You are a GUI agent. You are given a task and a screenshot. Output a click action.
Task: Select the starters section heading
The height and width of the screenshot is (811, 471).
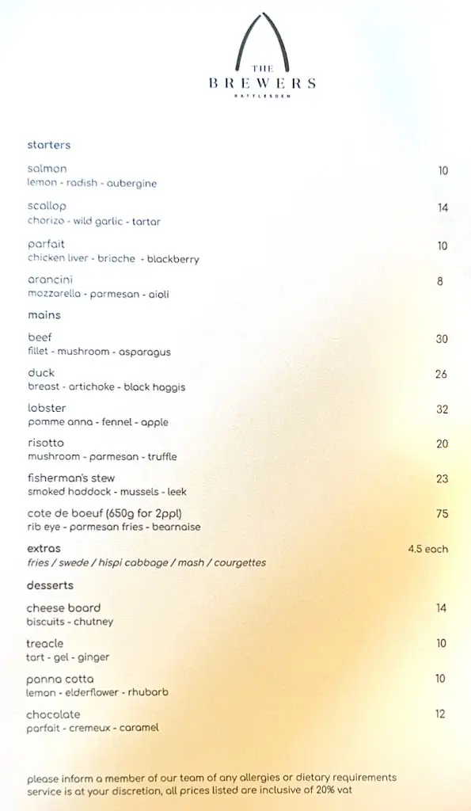tap(49, 145)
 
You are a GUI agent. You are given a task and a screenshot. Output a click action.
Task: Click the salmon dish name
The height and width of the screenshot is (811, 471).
tap(47, 169)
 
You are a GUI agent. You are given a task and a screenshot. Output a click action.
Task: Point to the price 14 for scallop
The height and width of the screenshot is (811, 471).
tap(443, 208)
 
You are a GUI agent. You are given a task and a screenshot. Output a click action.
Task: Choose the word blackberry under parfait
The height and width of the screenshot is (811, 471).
tap(173, 259)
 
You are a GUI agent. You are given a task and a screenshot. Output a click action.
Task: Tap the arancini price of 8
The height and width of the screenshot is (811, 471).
tap(440, 281)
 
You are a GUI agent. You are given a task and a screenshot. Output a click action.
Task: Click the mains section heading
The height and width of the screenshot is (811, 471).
tap(44, 315)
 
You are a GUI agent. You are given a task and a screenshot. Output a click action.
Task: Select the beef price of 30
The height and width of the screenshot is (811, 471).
tap(442, 339)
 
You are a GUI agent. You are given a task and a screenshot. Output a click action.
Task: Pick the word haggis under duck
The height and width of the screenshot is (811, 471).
tap(169, 387)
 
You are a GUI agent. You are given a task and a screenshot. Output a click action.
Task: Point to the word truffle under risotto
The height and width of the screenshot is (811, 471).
tap(161, 457)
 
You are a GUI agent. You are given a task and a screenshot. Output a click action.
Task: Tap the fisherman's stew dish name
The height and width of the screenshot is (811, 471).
tap(71, 478)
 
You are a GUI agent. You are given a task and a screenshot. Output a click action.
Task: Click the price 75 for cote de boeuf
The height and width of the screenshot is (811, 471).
tap(442, 514)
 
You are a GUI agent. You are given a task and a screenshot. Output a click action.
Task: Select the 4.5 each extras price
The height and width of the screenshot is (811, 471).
tap(427, 549)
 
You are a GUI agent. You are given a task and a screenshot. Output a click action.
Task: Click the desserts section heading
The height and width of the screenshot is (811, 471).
tap(50, 585)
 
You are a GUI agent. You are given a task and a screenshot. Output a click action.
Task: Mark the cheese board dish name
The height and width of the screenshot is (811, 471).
tap(63, 608)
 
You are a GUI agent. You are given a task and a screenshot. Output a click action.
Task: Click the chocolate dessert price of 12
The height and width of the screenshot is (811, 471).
tap(440, 714)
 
